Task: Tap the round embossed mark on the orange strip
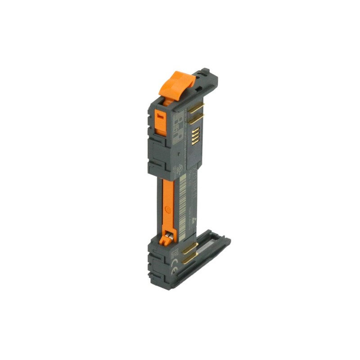168,210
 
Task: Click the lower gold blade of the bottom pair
189,261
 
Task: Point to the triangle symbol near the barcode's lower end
194,221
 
